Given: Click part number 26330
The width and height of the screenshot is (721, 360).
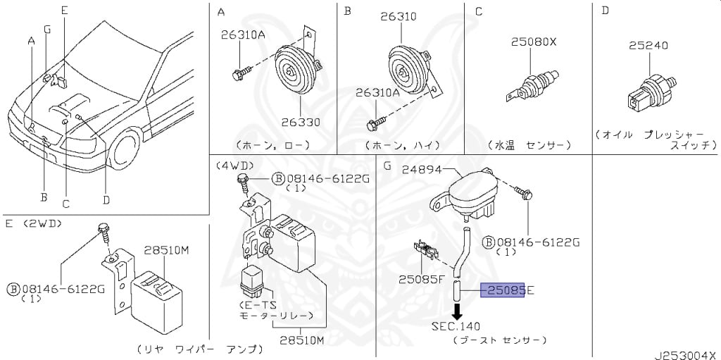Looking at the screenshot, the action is (301, 123).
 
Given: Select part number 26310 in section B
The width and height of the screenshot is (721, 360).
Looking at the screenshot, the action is (399, 17).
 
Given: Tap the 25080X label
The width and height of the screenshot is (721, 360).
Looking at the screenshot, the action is (534, 42).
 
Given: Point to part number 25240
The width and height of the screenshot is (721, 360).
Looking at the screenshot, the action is (648, 46).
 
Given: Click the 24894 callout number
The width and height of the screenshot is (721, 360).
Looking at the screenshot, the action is (422, 170).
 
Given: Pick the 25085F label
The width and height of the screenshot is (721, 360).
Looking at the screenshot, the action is (420, 278).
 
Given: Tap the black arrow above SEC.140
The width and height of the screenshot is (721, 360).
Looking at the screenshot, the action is (456, 311).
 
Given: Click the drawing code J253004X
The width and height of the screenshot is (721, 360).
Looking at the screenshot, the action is (687, 355).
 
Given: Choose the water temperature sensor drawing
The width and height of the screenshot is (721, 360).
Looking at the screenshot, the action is (532, 87).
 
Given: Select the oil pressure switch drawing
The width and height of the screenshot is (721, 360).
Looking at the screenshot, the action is (651, 93).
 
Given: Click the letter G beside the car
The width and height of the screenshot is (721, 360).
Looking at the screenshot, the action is (47, 30).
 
